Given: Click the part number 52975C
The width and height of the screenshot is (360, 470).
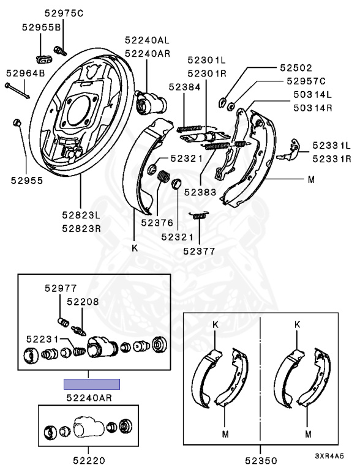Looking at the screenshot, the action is [x=64, y=13].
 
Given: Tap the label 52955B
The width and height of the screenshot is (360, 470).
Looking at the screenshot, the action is [x=42, y=28].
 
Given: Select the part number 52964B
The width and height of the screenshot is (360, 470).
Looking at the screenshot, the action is [x=26, y=73].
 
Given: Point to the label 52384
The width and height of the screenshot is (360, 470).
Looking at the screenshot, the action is [x=184, y=87].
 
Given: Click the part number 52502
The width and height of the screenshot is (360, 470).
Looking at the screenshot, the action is [x=296, y=68].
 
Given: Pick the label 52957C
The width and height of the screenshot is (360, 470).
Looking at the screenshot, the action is [x=306, y=81].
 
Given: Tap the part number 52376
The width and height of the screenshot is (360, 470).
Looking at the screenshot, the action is [x=157, y=222].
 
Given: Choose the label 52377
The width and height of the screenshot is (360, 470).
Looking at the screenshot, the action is [x=199, y=251].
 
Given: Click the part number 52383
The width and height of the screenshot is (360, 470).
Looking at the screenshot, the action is [x=200, y=192].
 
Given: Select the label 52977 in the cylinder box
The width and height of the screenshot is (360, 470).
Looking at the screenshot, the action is [x=61, y=288].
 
